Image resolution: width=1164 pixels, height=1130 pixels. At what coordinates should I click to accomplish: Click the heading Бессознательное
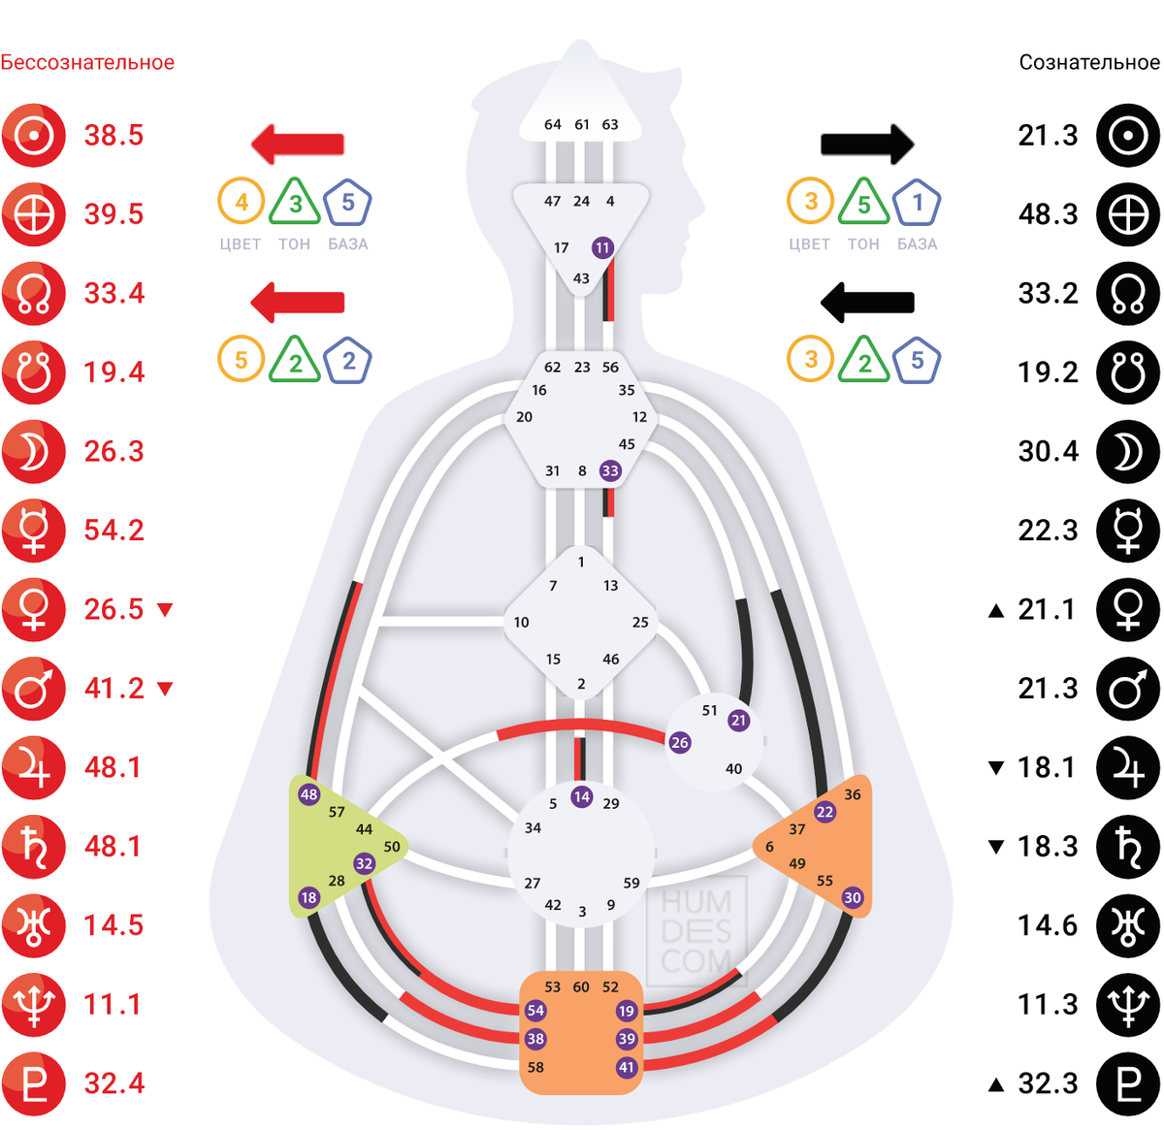point(87,63)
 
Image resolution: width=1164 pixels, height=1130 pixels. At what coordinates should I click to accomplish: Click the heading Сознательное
point(1088,63)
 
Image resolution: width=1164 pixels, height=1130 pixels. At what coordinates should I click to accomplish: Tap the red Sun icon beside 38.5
point(34,136)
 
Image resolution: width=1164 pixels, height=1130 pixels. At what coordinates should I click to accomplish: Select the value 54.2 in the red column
point(113,531)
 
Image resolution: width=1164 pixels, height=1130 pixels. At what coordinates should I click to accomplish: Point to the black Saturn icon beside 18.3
point(1128,847)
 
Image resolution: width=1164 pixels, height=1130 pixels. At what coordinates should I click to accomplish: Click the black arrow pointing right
point(867,145)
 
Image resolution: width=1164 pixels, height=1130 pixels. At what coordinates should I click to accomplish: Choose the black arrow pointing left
point(867,302)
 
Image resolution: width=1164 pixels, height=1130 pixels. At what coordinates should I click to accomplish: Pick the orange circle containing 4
point(242,203)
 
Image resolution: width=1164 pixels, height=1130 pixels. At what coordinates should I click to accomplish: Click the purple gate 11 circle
point(602,247)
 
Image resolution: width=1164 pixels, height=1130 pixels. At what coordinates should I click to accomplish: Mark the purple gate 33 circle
point(609,471)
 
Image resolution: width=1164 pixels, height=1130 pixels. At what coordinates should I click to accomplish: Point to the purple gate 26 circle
point(679,743)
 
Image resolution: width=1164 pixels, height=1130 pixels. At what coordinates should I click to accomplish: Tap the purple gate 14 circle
point(581,797)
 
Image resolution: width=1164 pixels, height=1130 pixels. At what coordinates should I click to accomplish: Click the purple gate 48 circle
point(308,794)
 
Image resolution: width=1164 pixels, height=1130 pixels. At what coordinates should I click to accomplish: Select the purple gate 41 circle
point(627,1068)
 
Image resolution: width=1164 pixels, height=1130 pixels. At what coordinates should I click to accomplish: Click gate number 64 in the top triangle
point(552,124)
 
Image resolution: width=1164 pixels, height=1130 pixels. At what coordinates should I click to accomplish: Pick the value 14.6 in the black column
point(1048,925)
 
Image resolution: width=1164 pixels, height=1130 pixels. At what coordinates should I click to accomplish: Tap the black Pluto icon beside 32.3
point(1128,1083)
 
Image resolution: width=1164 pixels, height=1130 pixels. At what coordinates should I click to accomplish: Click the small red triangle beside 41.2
point(165,689)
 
